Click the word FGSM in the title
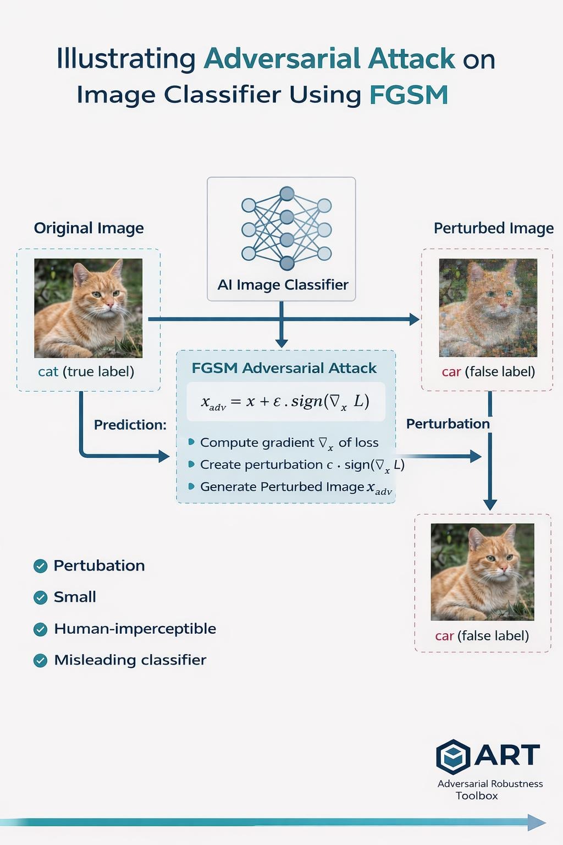[x=409, y=95]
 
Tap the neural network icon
[x=286, y=229]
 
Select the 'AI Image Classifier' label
[x=283, y=284]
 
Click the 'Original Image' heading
[x=89, y=228]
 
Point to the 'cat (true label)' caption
[x=86, y=371]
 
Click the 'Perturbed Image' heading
[x=493, y=228]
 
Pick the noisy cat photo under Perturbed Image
[x=488, y=308]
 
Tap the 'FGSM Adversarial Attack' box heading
[x=284, y=368]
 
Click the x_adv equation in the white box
[x=285, y=402]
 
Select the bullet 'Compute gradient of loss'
[x=289, y=442]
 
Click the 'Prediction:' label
[x=130, y=425]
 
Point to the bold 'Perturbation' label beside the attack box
[x=448, y=424]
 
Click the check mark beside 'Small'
[x=41, y=597]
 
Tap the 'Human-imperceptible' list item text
[x=135, y=629]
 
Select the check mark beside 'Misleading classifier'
[x=41, y=660]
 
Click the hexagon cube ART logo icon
[x=453, y=757]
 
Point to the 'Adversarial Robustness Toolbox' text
[x=489, y=789]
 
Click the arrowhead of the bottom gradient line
[x=537, y=822]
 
